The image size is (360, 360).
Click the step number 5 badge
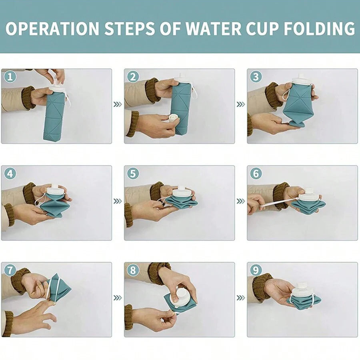[133, 174]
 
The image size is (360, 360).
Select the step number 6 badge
[256, 174]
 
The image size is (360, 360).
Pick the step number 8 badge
[133, 270]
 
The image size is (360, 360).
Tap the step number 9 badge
[256, 270]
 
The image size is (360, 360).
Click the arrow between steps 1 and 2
[118, 104]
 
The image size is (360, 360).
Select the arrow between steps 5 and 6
[240, 201]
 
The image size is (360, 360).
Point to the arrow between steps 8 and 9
[240, 298]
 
